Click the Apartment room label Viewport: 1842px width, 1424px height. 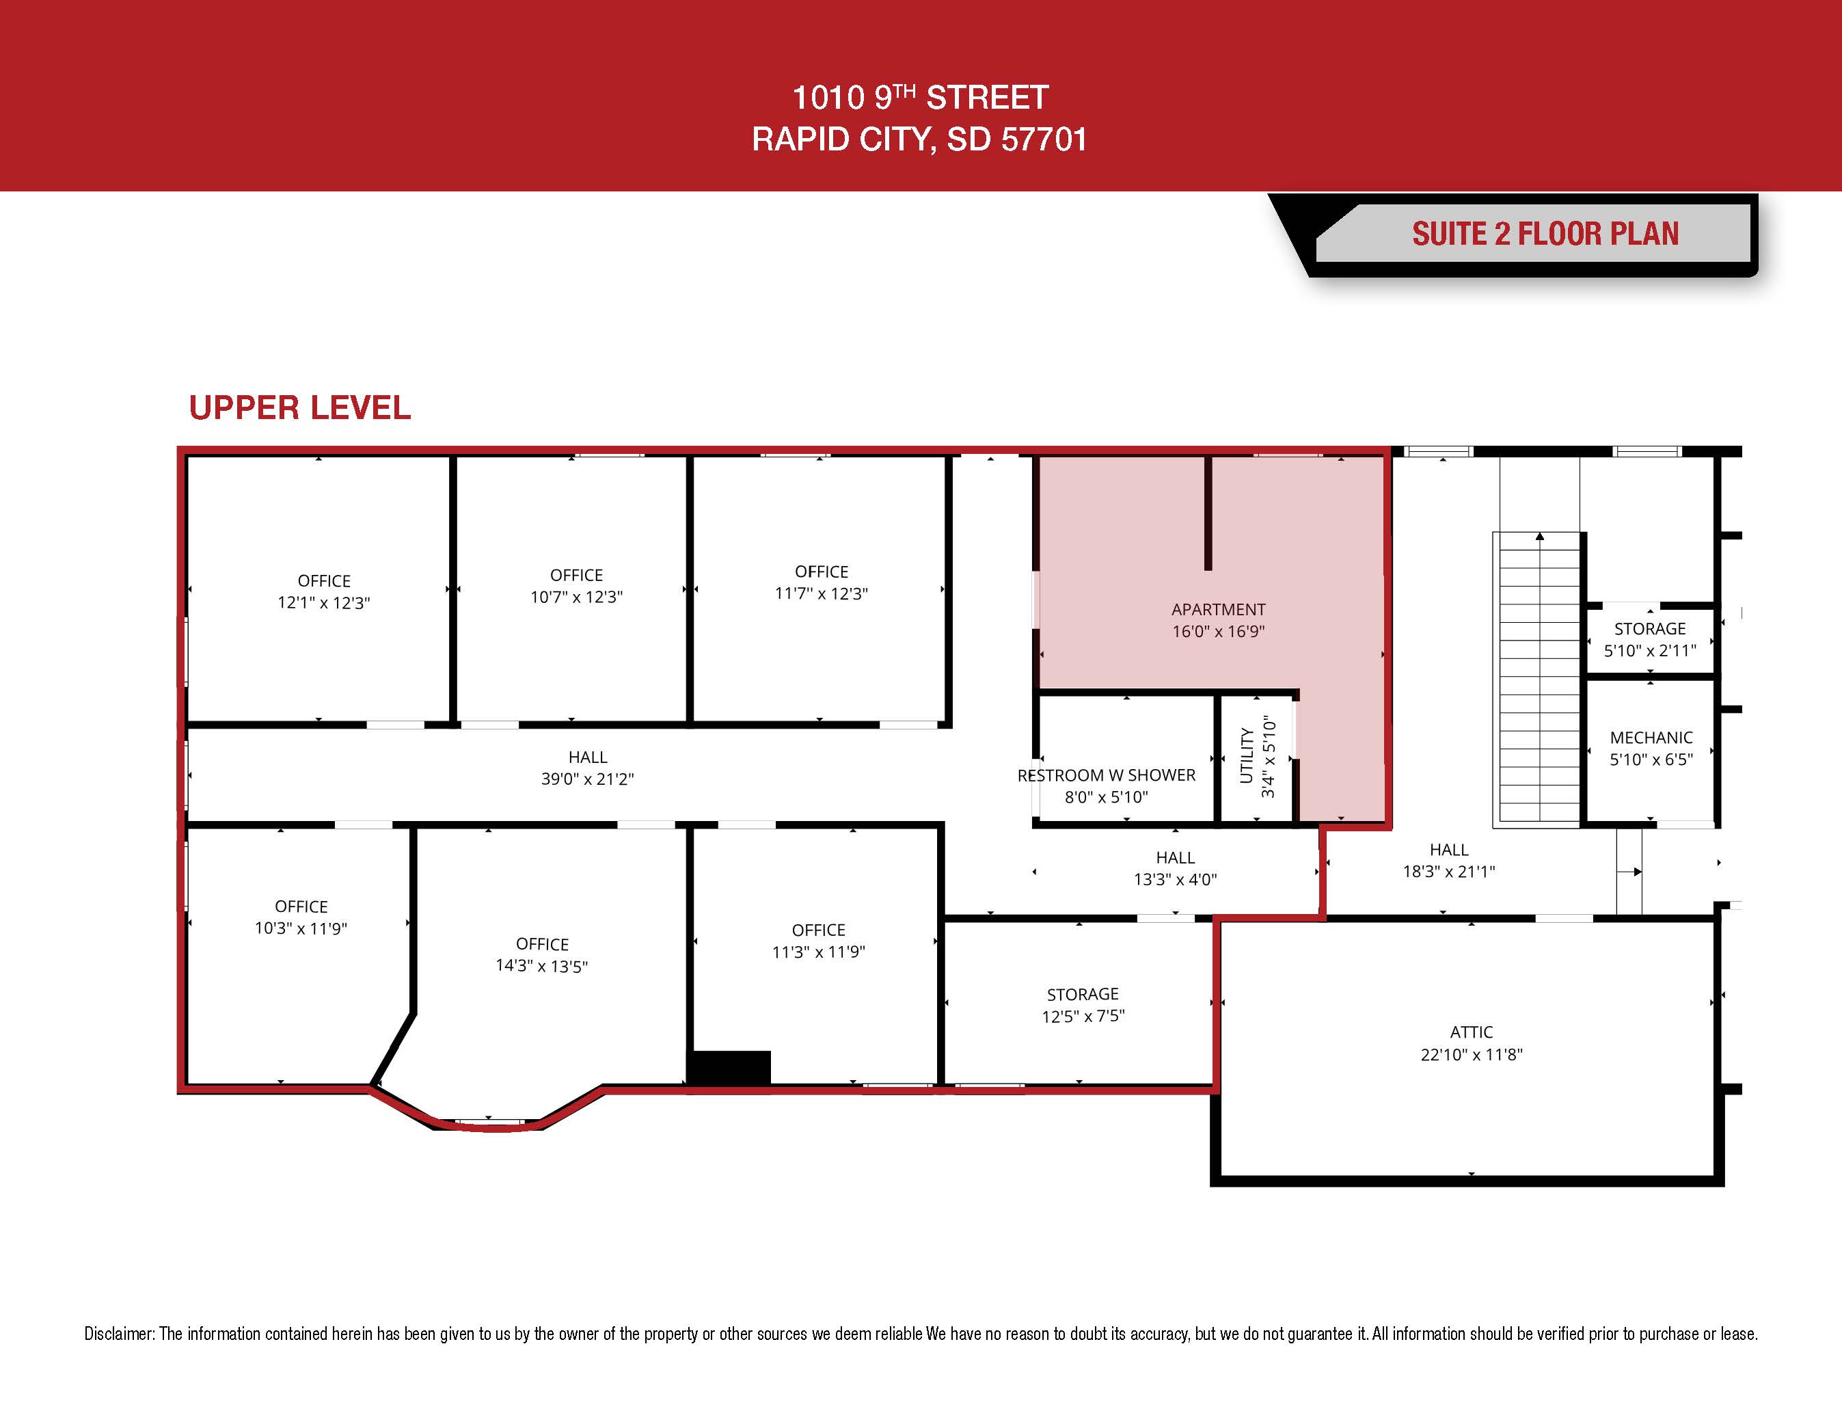pos(1218,610)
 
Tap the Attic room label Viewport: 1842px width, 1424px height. pos(1471,1032)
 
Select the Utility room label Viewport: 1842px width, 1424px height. pos(1247,756)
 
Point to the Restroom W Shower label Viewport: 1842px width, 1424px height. pos(1107,775)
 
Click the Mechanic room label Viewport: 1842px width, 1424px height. pos(1651,738)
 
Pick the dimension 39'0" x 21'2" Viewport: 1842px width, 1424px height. pos(587,779)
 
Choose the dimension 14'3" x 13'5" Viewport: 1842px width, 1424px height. pos(541,967)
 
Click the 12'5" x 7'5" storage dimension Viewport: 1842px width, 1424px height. pos(1083,1017)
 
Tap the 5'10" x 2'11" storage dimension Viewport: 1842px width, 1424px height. pos(1650,650)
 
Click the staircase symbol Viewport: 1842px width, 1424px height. pos(1539,679)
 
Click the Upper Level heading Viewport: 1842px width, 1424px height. pos(299,408)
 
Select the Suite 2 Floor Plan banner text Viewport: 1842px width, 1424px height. pos(1545,234)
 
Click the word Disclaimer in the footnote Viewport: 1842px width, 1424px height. pos(119,1334)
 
